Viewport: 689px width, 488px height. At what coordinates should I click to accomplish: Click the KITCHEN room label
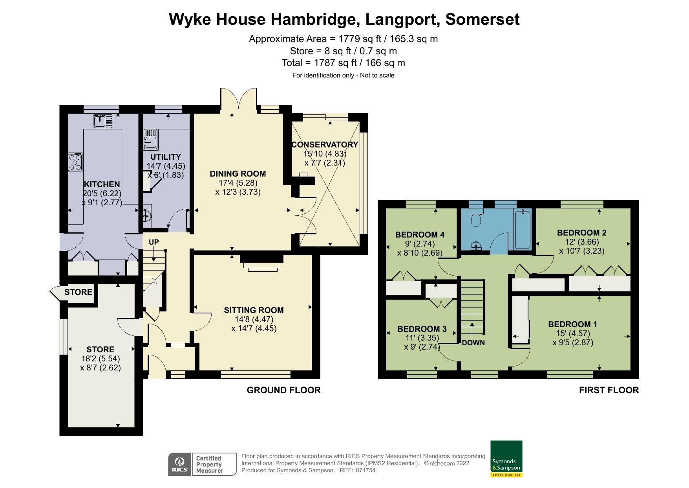click(102, 184)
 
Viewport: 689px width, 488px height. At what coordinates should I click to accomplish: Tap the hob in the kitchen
click(75, 162)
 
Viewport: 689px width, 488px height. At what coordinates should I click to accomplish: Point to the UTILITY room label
click(166, 157)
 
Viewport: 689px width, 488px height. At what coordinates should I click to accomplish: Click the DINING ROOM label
click(238, 174)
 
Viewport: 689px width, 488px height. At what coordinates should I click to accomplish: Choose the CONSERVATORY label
click(325, 145)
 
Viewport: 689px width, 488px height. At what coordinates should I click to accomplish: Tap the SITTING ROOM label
click(254, 310)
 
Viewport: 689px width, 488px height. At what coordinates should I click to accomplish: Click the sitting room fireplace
click(261, 264)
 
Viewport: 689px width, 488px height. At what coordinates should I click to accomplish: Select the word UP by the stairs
click(154, 242)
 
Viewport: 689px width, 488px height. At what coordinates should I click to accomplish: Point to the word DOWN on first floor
click(473, 343)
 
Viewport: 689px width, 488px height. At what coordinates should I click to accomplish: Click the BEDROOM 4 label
click(420, 235)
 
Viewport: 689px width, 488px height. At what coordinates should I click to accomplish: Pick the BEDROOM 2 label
click(581, 233)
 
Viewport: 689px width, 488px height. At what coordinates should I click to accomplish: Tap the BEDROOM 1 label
click(572, 324)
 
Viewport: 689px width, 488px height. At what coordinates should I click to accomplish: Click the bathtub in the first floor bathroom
click(523, 230)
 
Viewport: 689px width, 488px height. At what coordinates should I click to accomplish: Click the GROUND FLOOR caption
click(283, 390)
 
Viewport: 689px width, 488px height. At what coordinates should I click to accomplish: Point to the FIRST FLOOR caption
click(609, 390)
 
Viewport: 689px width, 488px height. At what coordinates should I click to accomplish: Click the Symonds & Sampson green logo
click(506, 459)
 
